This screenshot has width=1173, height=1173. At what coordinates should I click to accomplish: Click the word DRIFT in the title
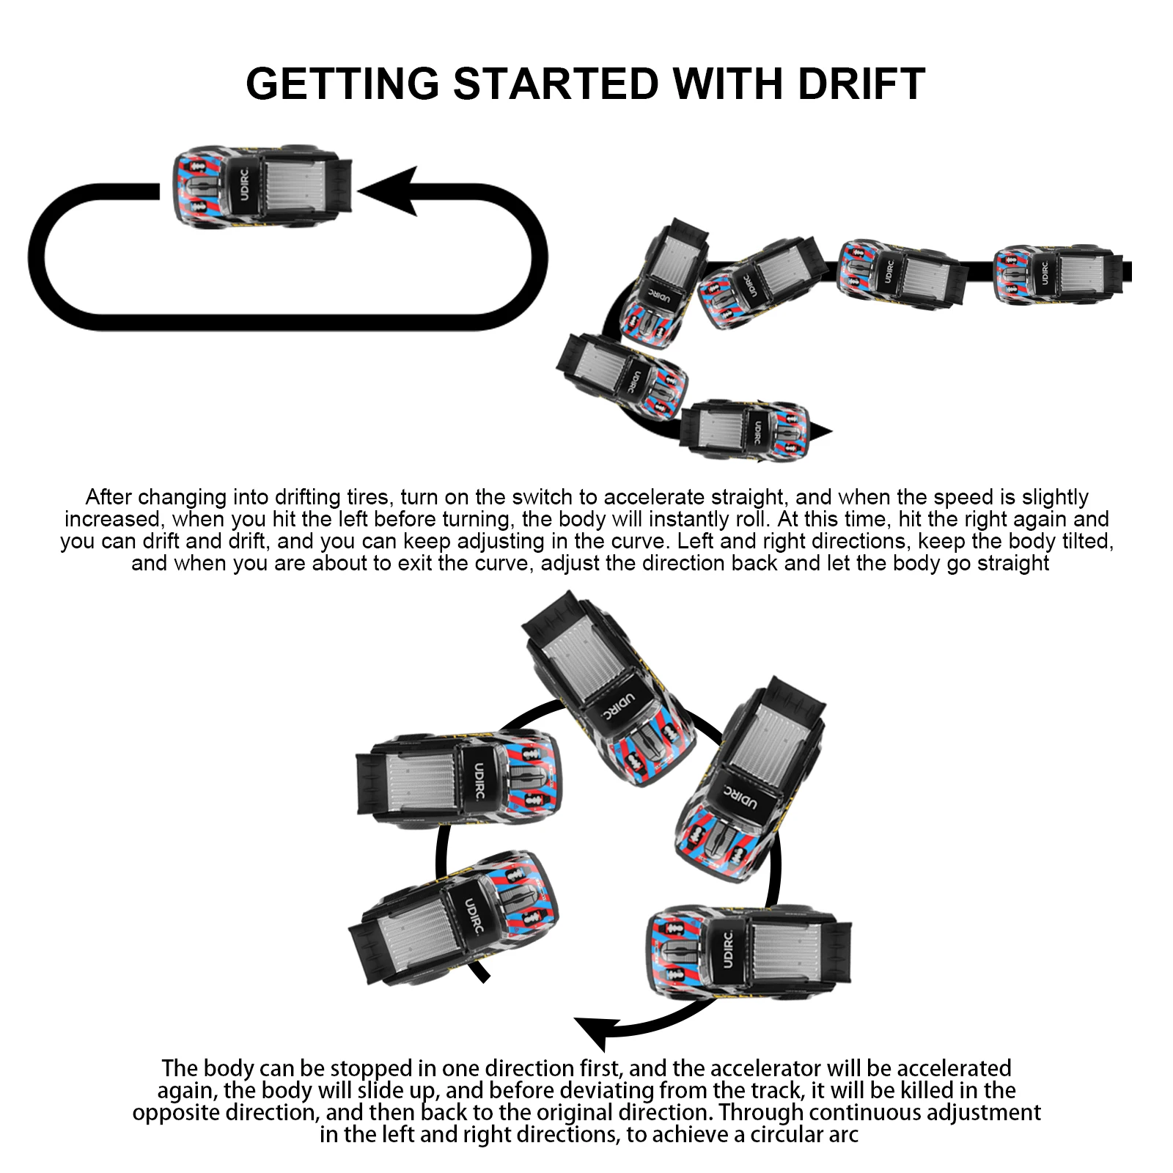coord(861,84)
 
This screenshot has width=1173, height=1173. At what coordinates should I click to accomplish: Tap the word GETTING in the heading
coord(342,84)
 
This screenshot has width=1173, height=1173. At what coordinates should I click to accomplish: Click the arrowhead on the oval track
coord(388,191)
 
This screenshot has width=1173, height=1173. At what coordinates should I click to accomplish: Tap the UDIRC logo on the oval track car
coord(244,186)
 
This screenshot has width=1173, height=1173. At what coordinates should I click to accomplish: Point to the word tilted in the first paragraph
coord(1084,541)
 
